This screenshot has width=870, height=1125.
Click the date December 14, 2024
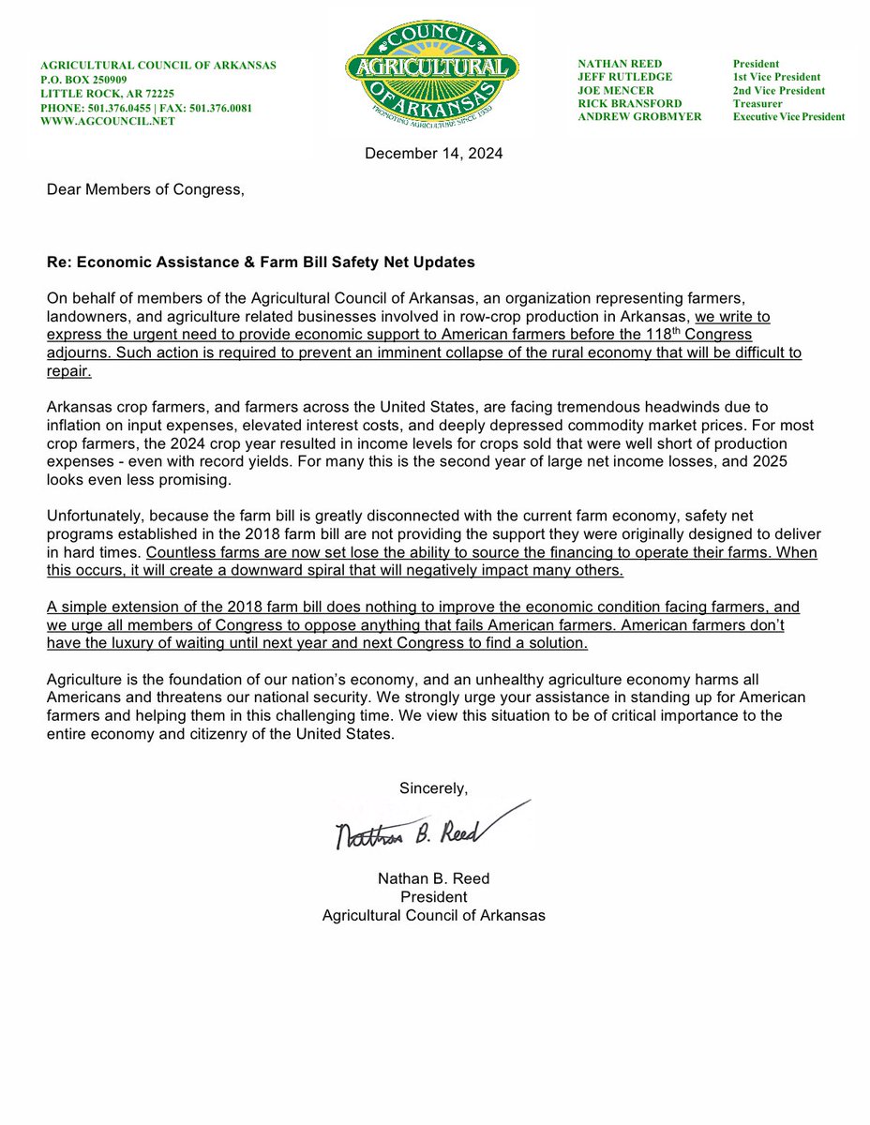434,154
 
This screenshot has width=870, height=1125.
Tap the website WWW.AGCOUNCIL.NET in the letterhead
108,122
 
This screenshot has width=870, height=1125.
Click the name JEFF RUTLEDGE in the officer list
624,77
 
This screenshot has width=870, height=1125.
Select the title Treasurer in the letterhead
758,103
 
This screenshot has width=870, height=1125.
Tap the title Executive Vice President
788,117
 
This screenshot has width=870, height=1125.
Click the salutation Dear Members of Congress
145,190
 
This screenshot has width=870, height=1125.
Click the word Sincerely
433,788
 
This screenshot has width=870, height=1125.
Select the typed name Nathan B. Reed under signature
433,878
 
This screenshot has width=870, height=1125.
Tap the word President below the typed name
433,897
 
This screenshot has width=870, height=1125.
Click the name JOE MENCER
616,90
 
